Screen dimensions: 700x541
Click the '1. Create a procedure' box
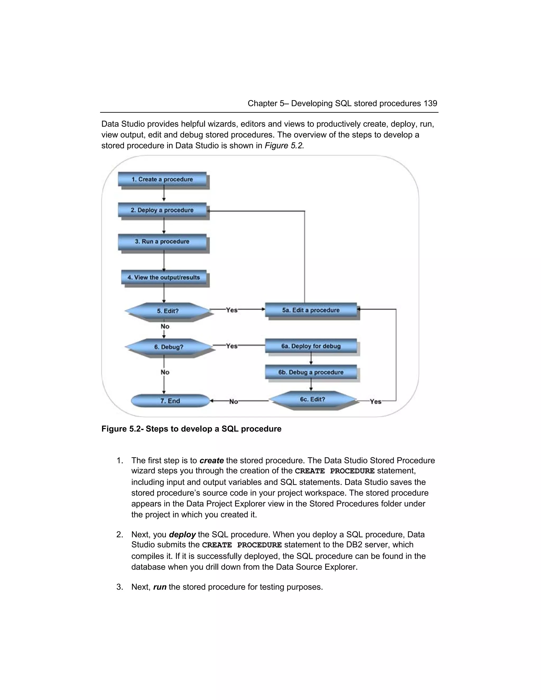162,179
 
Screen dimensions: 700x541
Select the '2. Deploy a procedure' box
162,210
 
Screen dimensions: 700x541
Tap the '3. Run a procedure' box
162,242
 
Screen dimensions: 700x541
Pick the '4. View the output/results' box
164,278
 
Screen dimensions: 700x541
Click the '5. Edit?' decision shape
168,311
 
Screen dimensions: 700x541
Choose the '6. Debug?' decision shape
169,347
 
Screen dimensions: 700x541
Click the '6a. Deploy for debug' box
311,346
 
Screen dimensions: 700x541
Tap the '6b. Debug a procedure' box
311,372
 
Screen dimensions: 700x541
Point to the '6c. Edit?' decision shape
313,399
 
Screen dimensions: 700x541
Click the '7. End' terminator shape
170,401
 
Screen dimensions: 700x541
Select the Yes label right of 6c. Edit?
375,402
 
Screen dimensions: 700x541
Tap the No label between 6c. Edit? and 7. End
234,402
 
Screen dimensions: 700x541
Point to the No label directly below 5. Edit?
165,326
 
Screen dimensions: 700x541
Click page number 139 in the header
430,104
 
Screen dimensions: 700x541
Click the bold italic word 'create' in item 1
212,461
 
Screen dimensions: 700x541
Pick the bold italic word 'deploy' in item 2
182,535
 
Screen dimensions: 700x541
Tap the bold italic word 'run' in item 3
160,587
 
